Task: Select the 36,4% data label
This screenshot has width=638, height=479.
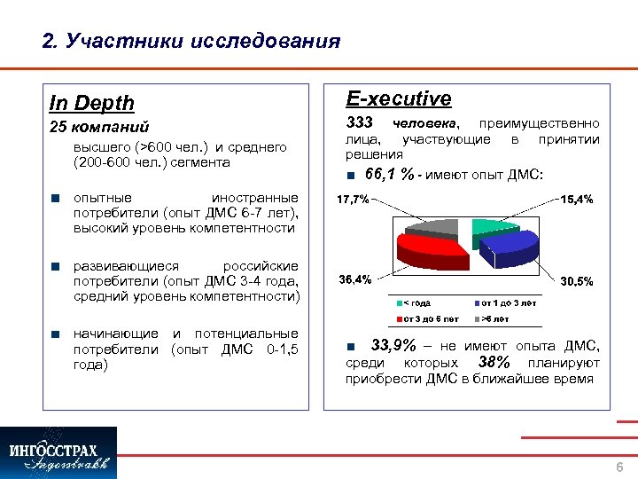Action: click(354, 279)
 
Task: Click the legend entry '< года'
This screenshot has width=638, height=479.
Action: click(418, 303)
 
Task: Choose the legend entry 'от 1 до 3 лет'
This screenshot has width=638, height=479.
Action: click(508, 303)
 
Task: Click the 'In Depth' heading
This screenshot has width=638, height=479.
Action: click(92, 103)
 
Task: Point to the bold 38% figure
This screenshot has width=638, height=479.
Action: click(494, 362)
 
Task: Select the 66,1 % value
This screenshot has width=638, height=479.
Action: click(389, 174)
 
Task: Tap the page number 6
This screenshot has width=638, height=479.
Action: click(619, 467)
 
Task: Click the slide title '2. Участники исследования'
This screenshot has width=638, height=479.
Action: click(191, 41)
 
